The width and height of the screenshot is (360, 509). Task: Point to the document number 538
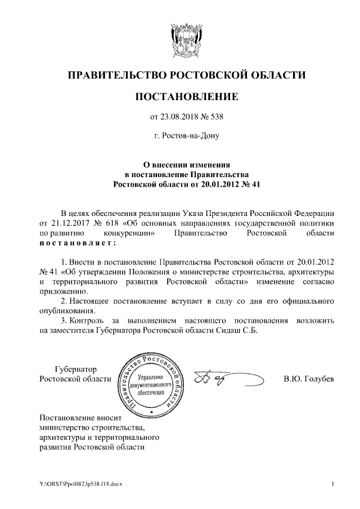pos(217,117)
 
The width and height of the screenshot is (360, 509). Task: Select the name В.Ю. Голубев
pos(309,380)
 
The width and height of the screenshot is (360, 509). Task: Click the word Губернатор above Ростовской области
pos(75,370)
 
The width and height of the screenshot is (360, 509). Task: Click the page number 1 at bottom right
pos(333,484)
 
